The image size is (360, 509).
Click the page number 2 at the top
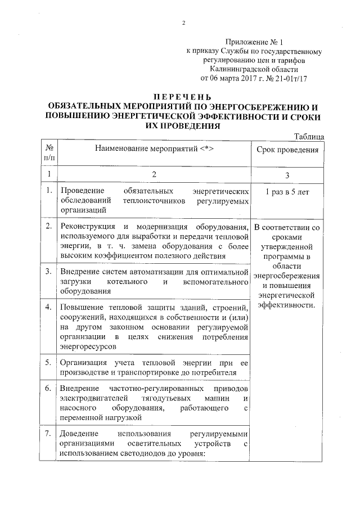[x=184, y=23]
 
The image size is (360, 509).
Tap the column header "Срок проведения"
[x=287, y=150]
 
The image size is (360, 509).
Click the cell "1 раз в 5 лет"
[x=287, y=191]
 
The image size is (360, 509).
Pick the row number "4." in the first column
[x=49, y=307]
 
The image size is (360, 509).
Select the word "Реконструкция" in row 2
[x=88, y=227]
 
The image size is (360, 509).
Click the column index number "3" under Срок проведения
[x=287, y=175]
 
